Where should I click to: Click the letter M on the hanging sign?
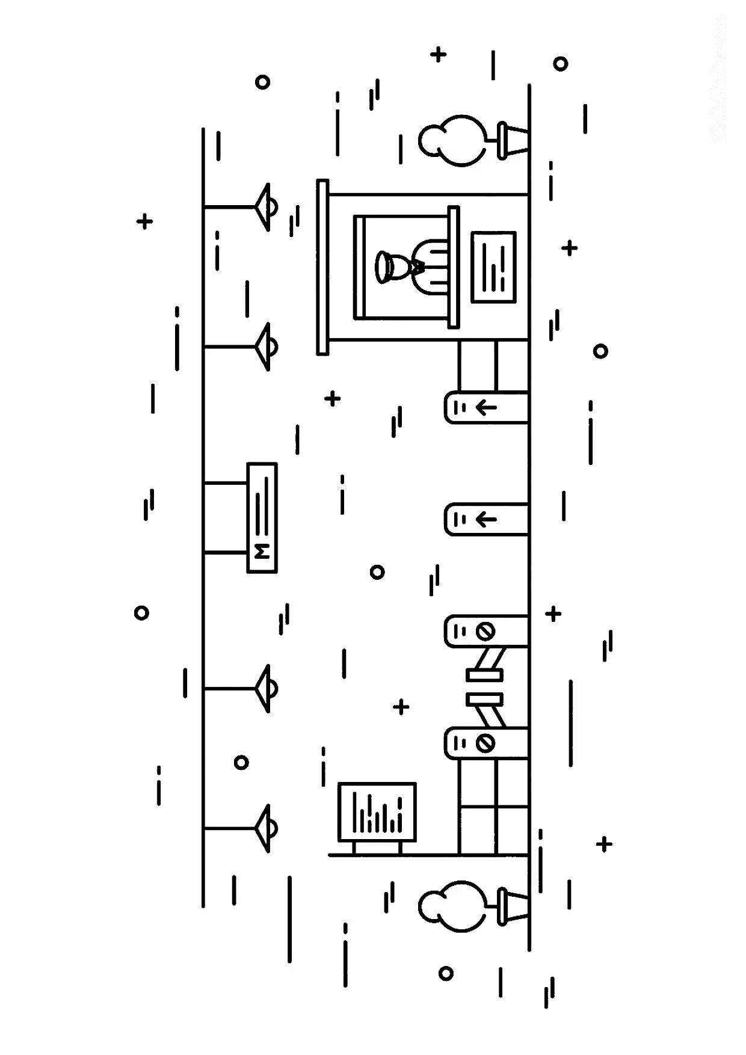(x=262, y=552)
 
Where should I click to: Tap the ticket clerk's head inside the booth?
(x=386, y=266)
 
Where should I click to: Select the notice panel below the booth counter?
(x=494, y=266)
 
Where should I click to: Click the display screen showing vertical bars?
(x=377, y=812)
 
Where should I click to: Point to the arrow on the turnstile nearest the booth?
(x=486, y=408)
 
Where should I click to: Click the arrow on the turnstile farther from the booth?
(x=486, y=518)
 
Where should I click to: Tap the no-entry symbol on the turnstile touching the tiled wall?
(x=485, y=743)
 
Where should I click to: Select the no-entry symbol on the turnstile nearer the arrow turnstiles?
(x=485, y=632)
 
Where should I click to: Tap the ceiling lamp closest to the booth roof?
(x=267, y=208)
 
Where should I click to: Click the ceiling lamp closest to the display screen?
(x=267, y=828)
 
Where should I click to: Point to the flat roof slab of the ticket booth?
(x=323, y=266)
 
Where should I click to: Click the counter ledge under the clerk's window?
(x=453, y=266)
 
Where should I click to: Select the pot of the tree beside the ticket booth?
(x=511, y=141)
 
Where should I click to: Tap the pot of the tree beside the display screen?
(x=511, y=906)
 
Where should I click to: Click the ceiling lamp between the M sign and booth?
(x=267, y=347)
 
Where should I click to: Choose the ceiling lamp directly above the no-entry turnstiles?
(x=267, y=688)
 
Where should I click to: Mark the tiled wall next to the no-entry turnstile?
(x=494, y=807)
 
